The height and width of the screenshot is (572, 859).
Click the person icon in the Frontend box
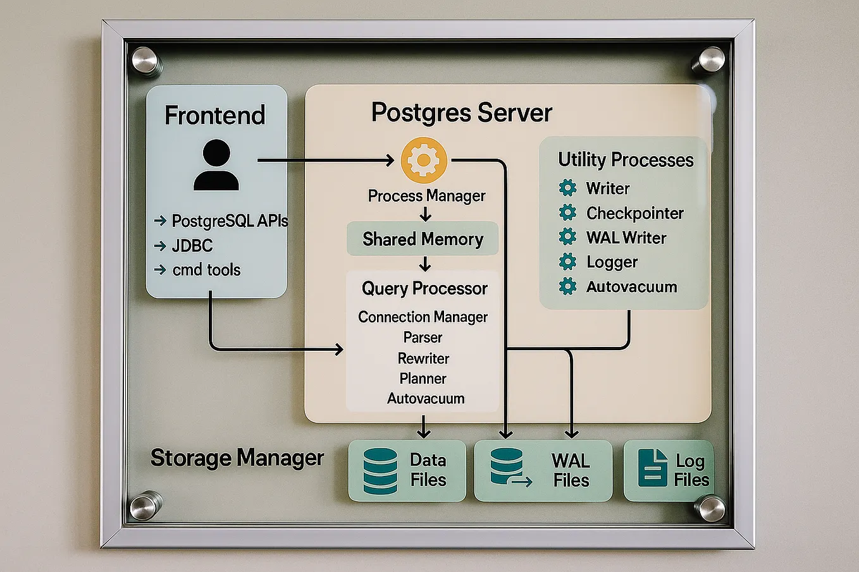pyautogui.click(x=216, y=166)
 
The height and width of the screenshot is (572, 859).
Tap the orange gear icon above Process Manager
pyautogui.click(x=424, y=160)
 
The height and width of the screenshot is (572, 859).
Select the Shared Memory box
pyautogui.click(x=423, y=239)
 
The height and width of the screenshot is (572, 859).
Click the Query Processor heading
pyautogui.click(x=424, y=289)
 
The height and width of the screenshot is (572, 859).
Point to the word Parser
pyautogui.click(x=423, y=338)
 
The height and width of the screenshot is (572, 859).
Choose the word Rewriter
pyautogui.click(x=423, y=358)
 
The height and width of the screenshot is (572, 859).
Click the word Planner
pyautogui.click(x=423, y=379)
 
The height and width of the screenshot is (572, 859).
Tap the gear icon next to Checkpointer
pyautogui.click(x=567, y=212)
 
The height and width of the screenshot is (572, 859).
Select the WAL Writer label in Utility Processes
pyautogui.click(x=626, y=238)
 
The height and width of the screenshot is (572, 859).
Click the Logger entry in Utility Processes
pyautogui.click(x=612, y=262)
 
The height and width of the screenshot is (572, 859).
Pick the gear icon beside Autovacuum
pyautogui.click(x=567, y=286)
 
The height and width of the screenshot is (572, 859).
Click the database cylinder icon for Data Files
pyautogui.click(x=380, y=471)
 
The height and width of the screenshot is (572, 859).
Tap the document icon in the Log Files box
pyautogui.click(x=652, y=468)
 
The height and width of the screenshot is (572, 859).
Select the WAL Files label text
pyautogui.click(x=571, y=470)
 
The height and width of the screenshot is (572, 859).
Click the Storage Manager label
pyautogui.click(x=237, y=458)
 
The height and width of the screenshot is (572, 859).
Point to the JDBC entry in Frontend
pyautogui.click(x=192, y=246)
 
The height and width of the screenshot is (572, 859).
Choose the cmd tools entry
pyautogui.click(x=206, y=270)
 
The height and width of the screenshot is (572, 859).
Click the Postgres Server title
pyautogui.click(x=461, y=113)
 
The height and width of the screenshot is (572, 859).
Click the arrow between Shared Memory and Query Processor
pyautogui.click(x=425, y=264)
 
